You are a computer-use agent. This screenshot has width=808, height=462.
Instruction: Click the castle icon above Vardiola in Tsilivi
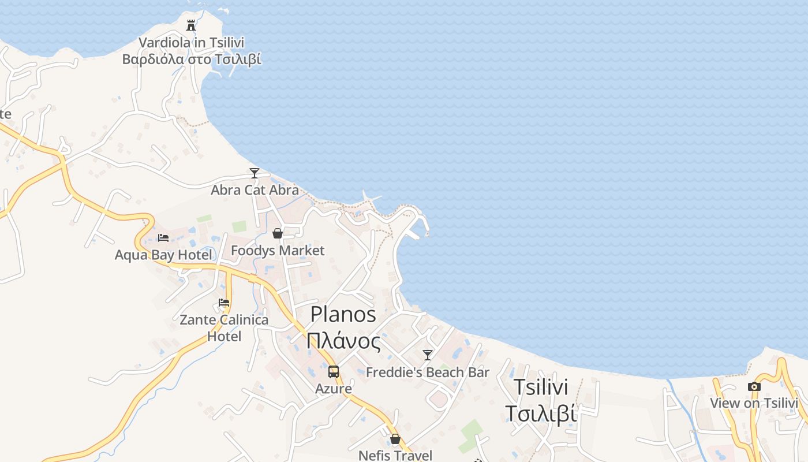[191, 25]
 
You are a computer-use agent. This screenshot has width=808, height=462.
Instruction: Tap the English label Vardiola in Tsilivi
[191, 43]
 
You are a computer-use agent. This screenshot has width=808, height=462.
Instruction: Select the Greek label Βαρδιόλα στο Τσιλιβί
[191, 59]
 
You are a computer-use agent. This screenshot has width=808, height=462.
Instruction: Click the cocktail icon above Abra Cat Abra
[254, 173]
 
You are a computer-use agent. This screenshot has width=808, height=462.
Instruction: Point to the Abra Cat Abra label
[255, 190]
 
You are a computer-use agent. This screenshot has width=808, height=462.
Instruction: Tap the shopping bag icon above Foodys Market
[278, 233]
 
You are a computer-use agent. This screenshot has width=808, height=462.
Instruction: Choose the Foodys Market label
[278, 251]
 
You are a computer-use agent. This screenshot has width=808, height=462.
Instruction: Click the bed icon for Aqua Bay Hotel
[163, 237]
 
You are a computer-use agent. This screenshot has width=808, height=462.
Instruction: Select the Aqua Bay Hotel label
[163, 255]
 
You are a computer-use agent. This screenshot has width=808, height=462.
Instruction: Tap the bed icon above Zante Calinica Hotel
[224, 303]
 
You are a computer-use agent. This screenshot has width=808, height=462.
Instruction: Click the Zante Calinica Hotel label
[224, 327]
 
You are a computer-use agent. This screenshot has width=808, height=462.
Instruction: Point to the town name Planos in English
[343, 314]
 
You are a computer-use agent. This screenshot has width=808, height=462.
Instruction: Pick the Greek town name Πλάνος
[343, 341]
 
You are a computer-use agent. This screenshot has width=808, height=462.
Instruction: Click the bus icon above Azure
[334, 372]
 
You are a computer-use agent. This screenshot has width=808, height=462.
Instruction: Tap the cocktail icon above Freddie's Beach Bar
[427, 355]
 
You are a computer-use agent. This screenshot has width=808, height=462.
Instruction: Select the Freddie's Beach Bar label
[427, 372]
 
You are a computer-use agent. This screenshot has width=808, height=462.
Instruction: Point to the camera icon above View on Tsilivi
[754, 386]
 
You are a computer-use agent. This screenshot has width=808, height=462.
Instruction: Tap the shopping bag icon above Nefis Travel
[395, 439]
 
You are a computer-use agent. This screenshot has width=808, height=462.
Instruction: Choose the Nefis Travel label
[395, 455]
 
